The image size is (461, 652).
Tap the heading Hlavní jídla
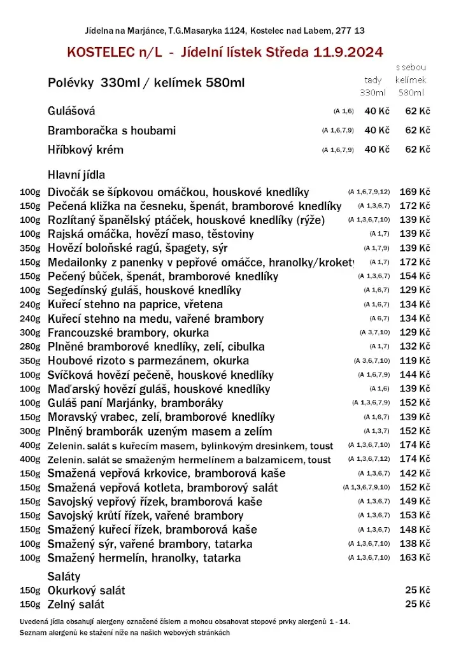click(x=76, y=174)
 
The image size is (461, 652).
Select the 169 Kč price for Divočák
click(x=415, y=192)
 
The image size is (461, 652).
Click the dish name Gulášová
click(x=71, y=111)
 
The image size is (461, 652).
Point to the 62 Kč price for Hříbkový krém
click(x=418, y=150)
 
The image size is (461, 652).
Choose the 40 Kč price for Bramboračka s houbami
click(x=376, y=131)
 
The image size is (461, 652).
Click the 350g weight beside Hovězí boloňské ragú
click(x=30, y=248)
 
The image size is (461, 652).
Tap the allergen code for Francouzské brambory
click(x=374, y=332)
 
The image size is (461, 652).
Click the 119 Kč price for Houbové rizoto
click(x=415, y=360)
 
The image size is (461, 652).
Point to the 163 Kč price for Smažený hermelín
click(x=415, y=558)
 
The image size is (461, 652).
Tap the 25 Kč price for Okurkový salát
click(x=418, y=590)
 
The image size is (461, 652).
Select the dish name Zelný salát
click(x=76, y=604)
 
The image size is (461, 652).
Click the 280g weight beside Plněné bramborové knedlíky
click(x=30, y=346)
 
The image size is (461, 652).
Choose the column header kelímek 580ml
click(x=411, y=86)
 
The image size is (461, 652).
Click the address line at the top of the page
click(x=225, y=31)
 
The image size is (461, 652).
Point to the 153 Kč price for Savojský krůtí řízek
click(x=415, y=516)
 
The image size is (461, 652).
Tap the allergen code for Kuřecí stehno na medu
click(x=379, y=318)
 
